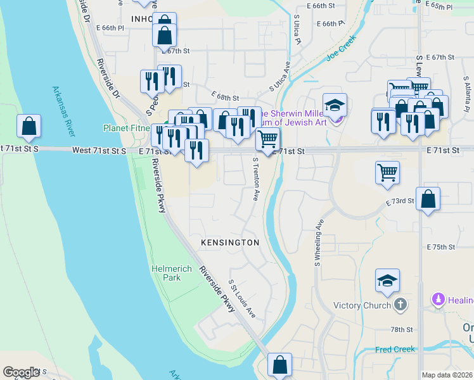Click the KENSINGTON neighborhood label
coord(230,243)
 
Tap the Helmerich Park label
coord(172,273)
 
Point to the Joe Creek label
coord(342,47)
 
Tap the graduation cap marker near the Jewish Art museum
coord(335,104)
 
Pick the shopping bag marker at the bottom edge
coord(279,365)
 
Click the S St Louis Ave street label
coord(242,299)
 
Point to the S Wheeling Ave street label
coord(318,242)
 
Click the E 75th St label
coord(441,246)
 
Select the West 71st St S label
coord(99,150)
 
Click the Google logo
coord(22,372)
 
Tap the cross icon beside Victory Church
coord(400,305)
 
